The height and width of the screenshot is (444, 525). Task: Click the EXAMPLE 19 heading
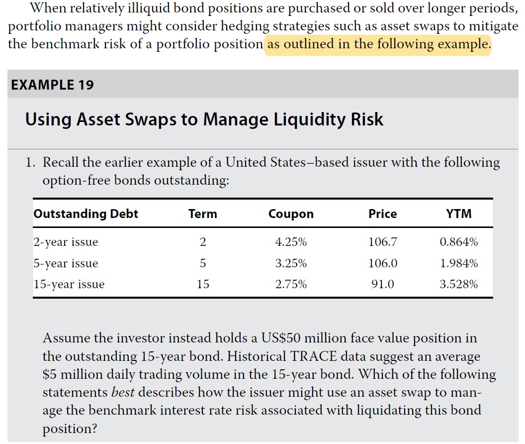click(x=52, y=84)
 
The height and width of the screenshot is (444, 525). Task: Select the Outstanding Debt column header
click(x=86, y=214)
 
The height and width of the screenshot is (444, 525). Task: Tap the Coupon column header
click(x=291, y=214)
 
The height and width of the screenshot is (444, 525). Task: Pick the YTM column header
click(x=459, y=214)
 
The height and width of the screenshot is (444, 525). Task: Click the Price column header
click(x=382, y=214)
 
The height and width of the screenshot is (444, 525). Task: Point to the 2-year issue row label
click(x=66, y=242)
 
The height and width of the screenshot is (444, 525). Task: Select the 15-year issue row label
click(x=69, y=285)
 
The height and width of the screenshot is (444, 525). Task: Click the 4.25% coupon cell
click(x=291, y=242)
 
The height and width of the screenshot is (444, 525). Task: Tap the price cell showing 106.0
click(x=382, y=264)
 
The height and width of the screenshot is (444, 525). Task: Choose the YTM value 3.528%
click(x=459, y=285)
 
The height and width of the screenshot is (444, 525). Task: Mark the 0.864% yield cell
click(x=459, y=242)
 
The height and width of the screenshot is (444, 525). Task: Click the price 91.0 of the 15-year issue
click(x=382, y=285)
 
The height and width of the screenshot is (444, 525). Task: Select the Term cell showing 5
click(x=202, y=264)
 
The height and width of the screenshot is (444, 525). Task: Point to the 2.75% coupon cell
click(x=291, y=285)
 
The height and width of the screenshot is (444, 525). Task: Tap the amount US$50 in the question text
click(x=280, y=338)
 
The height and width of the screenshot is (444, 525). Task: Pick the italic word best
click(x=123, y=392)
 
